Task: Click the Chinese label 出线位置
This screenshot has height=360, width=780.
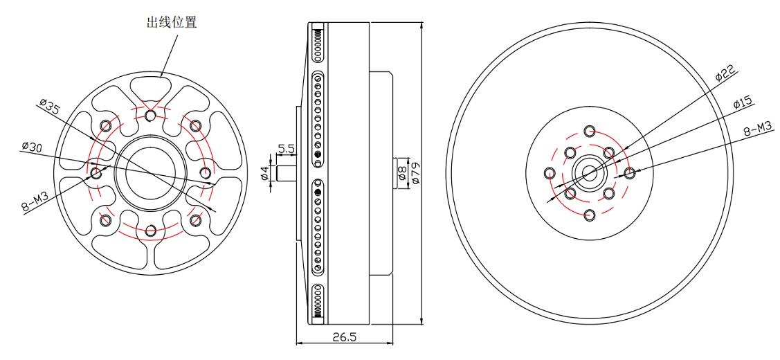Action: (x=171, y=22)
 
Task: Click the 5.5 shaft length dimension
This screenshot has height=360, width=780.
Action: (x=287, y=148)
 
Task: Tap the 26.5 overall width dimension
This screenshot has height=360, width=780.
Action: (x=344, y=336)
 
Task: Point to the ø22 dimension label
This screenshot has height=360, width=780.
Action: (x=726, y=73)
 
